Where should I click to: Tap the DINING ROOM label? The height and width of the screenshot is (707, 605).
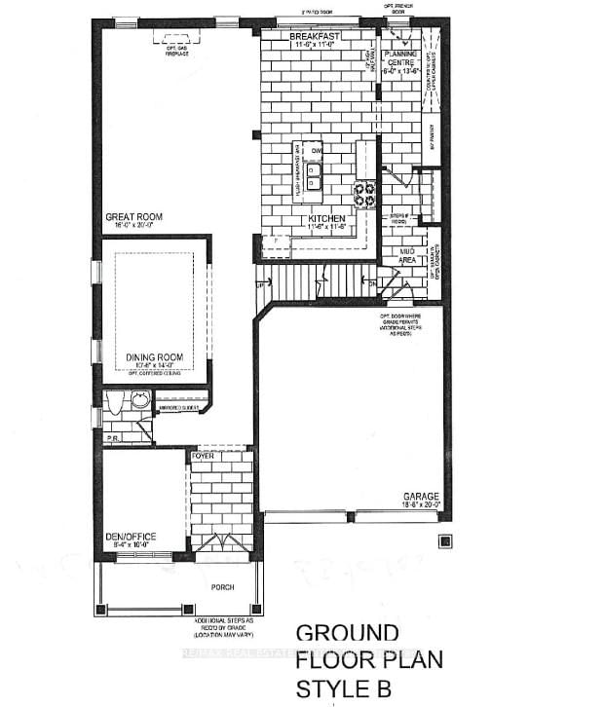(155, 357)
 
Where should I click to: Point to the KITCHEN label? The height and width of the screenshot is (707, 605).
(328, 219)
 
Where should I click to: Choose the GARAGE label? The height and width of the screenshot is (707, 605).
(422, 496)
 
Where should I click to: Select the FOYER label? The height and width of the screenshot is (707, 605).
(203, 455)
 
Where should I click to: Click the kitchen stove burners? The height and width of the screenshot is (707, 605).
(366, 195)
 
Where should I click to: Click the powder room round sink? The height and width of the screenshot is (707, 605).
(140, 398)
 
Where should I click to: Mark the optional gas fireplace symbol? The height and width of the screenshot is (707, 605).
(177, 37)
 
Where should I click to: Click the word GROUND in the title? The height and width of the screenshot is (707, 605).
(346, 631)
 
